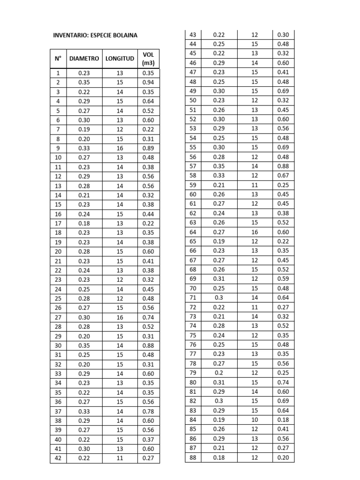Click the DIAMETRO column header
(84, 59)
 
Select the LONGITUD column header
(120, 59)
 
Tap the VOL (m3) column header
(148, 59)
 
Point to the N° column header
(58, 59)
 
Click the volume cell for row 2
(148, 82)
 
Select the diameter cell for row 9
(84, 148)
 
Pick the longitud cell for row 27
(120, 317)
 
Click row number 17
(58, 223)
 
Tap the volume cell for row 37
(148, 411)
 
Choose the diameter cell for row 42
(84, 458)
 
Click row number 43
(193, 35)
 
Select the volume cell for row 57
(283, 166)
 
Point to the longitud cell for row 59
(255, 185)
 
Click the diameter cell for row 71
(219, 298)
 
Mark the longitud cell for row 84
(255, 420)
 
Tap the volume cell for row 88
(283, 457)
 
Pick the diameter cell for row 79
(219, 373)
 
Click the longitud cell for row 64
(255, 232)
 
